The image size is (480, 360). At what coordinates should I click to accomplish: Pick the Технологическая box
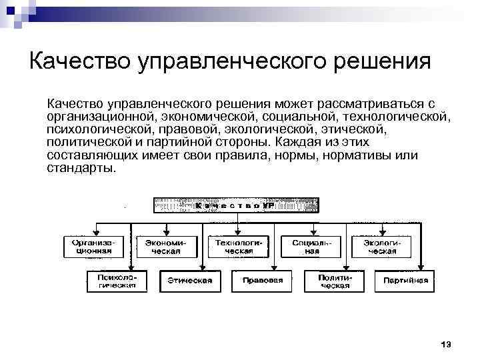[x=239, y=247]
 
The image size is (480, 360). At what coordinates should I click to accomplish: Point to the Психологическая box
[x=117, y=281]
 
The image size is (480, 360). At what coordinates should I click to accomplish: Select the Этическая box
[x=189, y=281]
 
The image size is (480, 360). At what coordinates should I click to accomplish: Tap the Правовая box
[x=262, y=281]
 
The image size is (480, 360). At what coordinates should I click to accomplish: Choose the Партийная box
[x=405, y=281]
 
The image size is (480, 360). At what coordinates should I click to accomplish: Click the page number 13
[x=446, y=344]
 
